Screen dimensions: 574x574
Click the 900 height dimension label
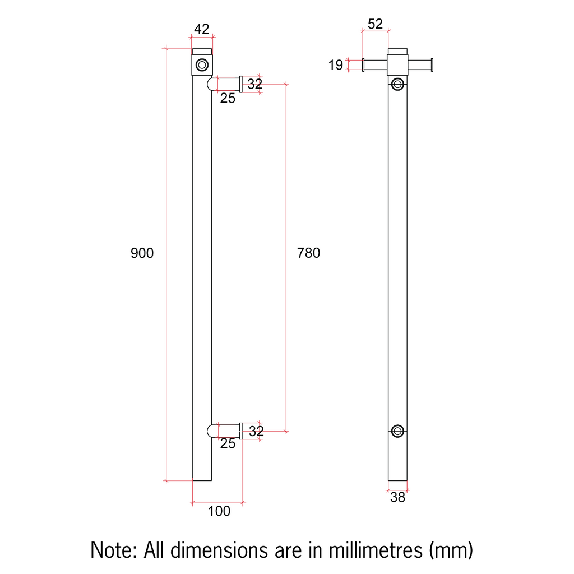pos(142,253)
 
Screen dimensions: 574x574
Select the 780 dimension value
pos(308,253)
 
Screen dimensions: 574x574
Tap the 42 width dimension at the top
pos(201,29)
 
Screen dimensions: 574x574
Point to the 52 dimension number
pos(375,24)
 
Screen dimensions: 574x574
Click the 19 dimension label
pos(335,66)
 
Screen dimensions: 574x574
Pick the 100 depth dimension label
pos(219,511)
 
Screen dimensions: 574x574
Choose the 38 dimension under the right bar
pos(397,497)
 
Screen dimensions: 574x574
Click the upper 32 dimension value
pos(255,84)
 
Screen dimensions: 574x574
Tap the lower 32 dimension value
pos(256,431)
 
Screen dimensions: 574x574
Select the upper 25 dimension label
pos(228,99)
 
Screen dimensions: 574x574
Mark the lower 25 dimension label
pos(228,444)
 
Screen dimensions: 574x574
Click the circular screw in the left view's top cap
pos(202,65)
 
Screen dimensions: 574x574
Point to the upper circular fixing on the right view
pos(398,84)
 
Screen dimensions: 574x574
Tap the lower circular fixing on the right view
pos(398,430)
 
